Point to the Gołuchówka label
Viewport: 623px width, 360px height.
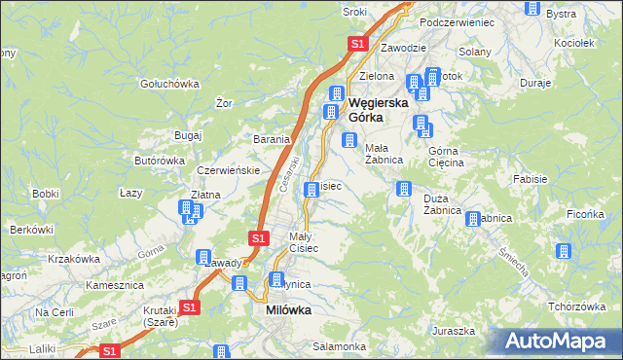click(x=169, y=84)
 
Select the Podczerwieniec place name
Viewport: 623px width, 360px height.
click(x=458, y=21)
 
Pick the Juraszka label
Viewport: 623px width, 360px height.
click(x=454, y=331)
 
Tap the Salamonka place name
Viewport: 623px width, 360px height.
click(x=339, y=346)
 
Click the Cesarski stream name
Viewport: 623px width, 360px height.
click(x=288, y=176)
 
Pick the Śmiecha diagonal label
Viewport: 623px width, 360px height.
click(x=512, y=261)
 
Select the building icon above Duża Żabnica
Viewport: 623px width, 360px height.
click(x=401, y=189)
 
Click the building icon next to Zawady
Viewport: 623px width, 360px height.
click(x=204, y=258)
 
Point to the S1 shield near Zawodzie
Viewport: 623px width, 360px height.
click(x=357, y=44)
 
